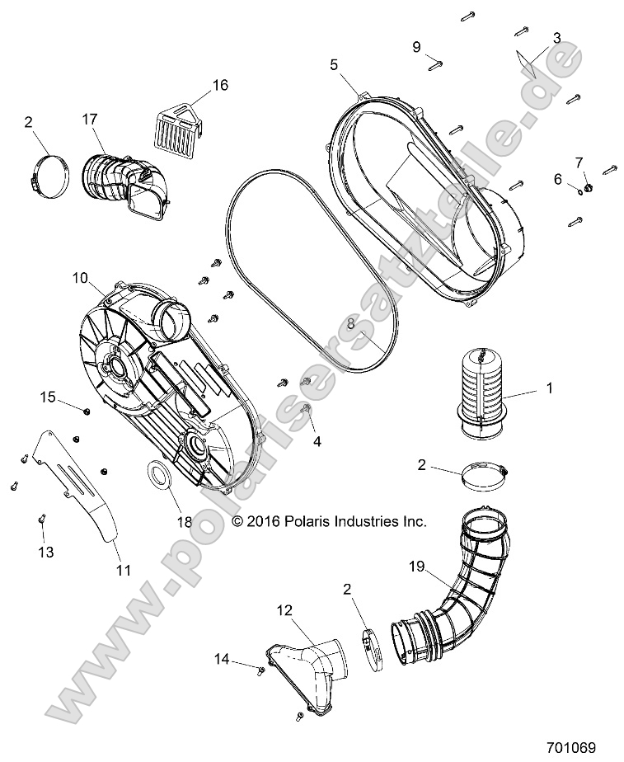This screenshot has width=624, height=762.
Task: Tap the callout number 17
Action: click(x=90, y=119)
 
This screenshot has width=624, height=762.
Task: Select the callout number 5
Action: click(x=334, y=64)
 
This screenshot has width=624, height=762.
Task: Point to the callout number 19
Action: click(x=418, y=567)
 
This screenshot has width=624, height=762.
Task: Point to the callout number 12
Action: click(x=284, y=611)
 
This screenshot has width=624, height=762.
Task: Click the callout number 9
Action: click(x=417, y=46)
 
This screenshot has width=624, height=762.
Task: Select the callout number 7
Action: click(x=579, y=161)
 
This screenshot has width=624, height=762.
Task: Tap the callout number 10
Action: click(x=80, y=279)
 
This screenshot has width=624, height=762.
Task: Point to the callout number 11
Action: click(x=122, y=569)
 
